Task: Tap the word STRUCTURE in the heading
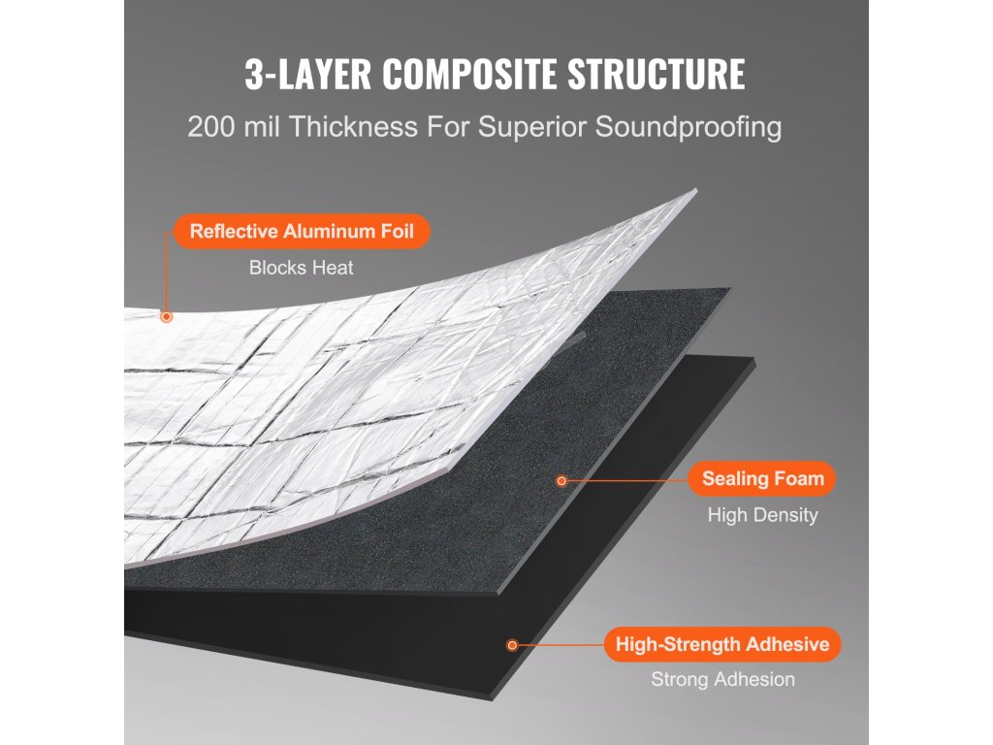point(664,75)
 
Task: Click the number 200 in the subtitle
point(210,127)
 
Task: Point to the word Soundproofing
point(692,127)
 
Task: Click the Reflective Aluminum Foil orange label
point(301,232)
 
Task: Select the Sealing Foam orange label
point(762,478)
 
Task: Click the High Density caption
point(762,515)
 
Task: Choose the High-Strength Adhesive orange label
point(722,644)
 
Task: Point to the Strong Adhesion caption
point(722,680)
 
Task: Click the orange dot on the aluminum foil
point(167,316)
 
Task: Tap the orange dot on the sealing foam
point(560,479)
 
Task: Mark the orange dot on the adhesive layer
point(512,644)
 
